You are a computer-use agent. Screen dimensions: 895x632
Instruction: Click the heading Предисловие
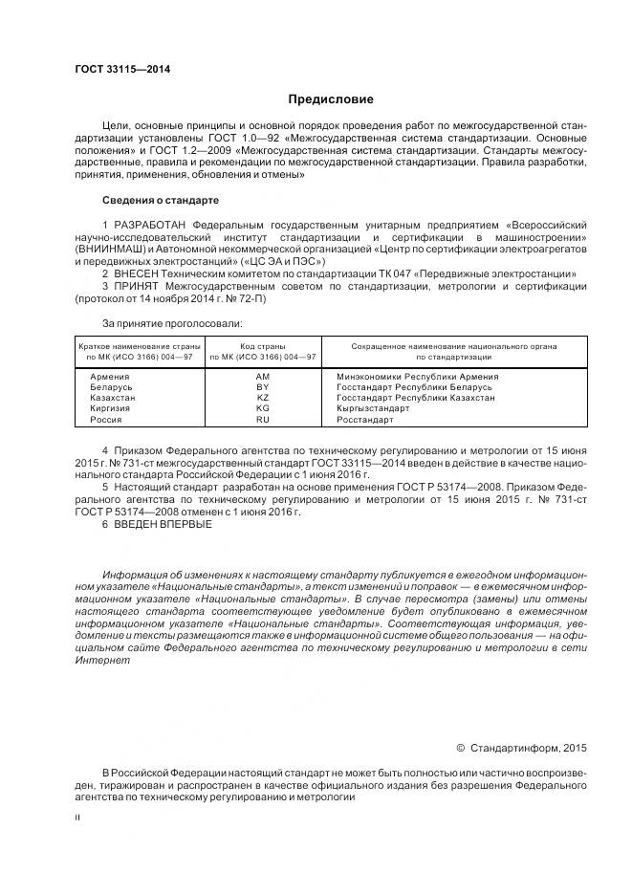point(331,99)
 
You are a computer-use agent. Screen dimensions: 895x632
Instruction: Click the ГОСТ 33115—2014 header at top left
point(116,70)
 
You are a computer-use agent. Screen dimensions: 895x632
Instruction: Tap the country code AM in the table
point(263,377)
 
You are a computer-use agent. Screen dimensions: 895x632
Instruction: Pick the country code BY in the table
point(263,387)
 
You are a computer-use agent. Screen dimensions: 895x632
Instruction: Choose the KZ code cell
point(263,398)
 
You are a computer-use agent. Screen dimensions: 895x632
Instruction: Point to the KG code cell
point(263,408)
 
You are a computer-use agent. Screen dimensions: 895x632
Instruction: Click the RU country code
point(263,419)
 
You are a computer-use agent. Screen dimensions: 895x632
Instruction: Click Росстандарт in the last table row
point(364,419)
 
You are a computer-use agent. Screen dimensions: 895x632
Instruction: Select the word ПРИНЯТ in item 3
point(140,286)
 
